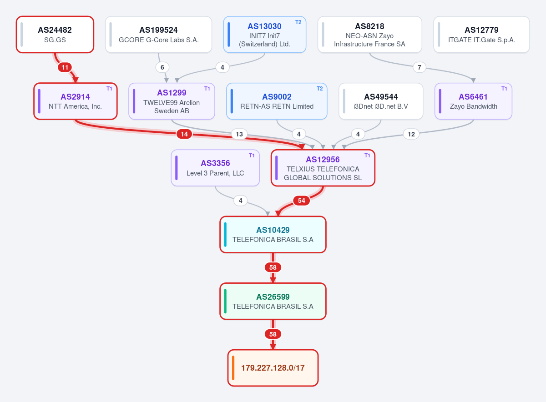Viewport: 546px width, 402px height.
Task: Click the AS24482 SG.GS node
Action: (55, 35)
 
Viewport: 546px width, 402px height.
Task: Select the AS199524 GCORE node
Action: (158, 35)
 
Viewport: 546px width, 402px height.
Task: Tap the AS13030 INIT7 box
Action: (265, 35)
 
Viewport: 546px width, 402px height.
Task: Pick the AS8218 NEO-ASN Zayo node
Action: (370, 35)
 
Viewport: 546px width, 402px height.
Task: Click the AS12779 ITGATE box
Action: (482, 35)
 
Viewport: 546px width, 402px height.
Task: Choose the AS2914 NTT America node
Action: (76, 101)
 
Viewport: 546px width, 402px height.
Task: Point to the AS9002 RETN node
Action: (277, 101)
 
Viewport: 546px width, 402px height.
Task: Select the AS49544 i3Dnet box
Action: (381, 101)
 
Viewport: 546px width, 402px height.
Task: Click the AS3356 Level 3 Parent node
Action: (215, 168)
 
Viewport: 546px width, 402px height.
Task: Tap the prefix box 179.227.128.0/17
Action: (273, 368)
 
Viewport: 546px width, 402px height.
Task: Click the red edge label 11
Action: (65, 67)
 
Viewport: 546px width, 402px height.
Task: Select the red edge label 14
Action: (184, 134)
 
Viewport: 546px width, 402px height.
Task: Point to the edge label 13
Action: (239, 134)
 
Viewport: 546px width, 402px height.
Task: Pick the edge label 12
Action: (411, 134)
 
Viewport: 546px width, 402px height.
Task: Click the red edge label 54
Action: (302, 201)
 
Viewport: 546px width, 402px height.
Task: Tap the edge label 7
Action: (419, 67)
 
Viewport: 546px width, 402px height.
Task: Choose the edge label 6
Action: (162, 67)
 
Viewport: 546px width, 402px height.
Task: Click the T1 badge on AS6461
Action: (504, 89)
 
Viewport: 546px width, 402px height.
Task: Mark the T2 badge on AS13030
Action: (298, 22)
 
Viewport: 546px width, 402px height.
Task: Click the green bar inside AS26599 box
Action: (225, 301)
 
